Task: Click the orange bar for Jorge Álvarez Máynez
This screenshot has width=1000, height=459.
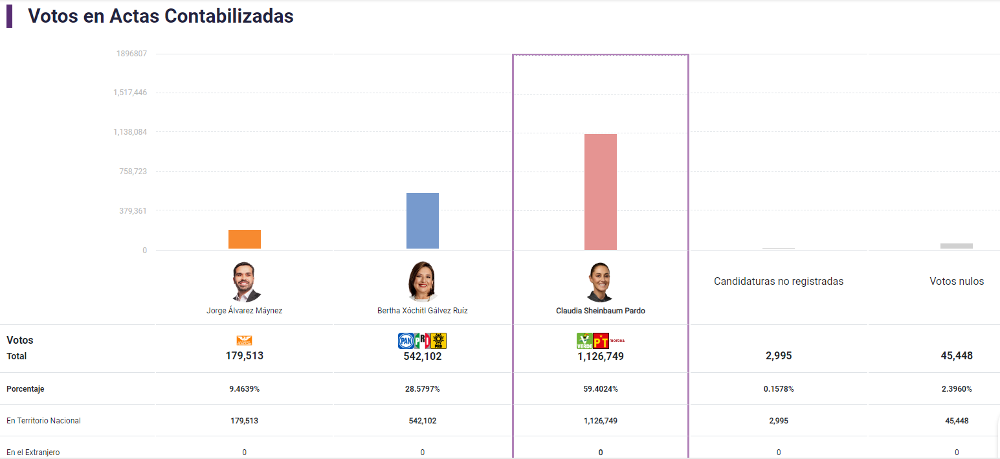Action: coord(245,240)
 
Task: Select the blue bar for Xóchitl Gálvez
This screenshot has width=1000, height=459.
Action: coord(423,221)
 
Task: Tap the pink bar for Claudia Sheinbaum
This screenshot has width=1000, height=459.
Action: coord(601,192)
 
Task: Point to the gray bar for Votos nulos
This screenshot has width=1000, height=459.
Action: coord(957,246)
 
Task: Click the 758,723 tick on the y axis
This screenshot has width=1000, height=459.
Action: coord(131,172)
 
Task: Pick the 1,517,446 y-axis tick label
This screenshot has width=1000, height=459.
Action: coord(130,93)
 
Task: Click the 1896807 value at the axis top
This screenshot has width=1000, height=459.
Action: coord(131,54)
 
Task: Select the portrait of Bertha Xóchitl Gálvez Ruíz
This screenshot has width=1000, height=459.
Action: coord(423,282)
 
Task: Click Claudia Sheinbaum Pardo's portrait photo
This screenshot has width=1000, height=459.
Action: coord(600,282)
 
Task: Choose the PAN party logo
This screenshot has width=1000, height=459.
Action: coord(405,341)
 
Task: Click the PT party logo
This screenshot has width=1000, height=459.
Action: coord(601,341)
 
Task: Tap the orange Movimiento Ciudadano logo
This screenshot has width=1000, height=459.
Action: coord(245,341)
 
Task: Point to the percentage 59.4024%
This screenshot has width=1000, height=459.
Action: coord(601,389)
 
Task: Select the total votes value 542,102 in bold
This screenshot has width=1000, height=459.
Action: coord(423,356)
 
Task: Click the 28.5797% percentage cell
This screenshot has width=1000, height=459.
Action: coord(423,389)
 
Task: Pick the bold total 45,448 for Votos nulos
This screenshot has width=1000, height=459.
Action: coord(957,356)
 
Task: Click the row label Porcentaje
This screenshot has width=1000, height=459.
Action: coord(25,389)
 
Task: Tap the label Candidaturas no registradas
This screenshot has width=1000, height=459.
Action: coord(779,282)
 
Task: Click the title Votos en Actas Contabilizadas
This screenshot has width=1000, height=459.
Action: coord(161,16)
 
